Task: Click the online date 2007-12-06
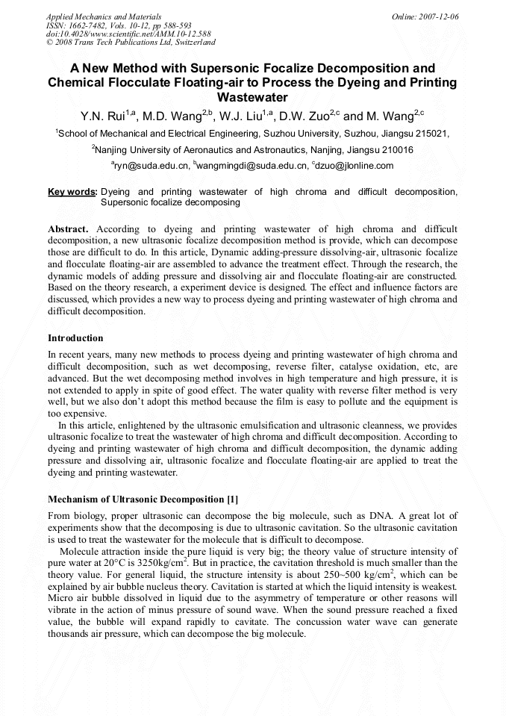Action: pyautogui.click(x=439, y=16)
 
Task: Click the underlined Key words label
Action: pyautogui.click(x=72, y=193)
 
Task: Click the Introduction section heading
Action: pyautogui.click(x=75, y=338)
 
